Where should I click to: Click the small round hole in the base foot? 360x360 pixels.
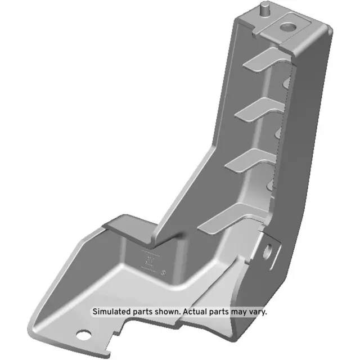pos(84,337)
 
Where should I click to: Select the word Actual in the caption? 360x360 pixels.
pos(194,311)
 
